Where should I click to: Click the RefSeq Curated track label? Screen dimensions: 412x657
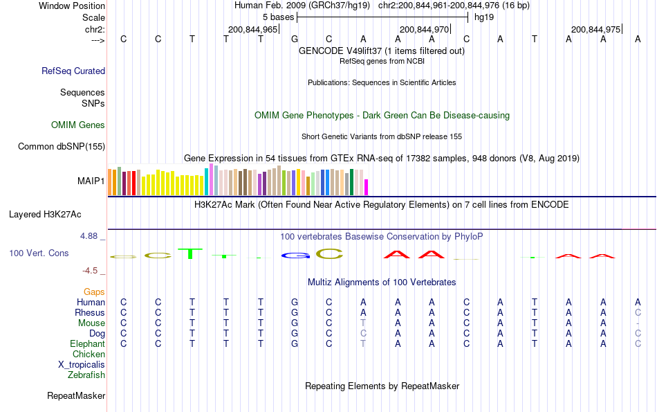73,71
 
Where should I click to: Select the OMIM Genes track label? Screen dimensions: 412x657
78,125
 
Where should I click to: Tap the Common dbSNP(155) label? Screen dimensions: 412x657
62,146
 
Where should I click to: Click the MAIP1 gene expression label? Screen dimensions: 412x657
91,181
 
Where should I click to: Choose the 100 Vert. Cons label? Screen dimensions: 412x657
39,253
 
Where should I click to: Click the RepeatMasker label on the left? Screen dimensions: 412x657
76,396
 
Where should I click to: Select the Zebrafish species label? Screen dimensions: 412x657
86,375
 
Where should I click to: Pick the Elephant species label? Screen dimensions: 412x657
87,344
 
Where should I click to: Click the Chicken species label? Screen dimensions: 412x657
89,355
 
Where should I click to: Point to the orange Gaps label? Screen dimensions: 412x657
94,292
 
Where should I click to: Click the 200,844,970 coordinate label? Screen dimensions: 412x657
425,29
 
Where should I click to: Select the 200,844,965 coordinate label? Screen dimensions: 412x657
252,29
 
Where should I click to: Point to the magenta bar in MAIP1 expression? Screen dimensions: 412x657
367,187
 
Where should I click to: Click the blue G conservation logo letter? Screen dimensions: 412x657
295,255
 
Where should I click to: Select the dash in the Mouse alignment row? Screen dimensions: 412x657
638,323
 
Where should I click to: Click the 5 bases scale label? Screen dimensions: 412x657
277,17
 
